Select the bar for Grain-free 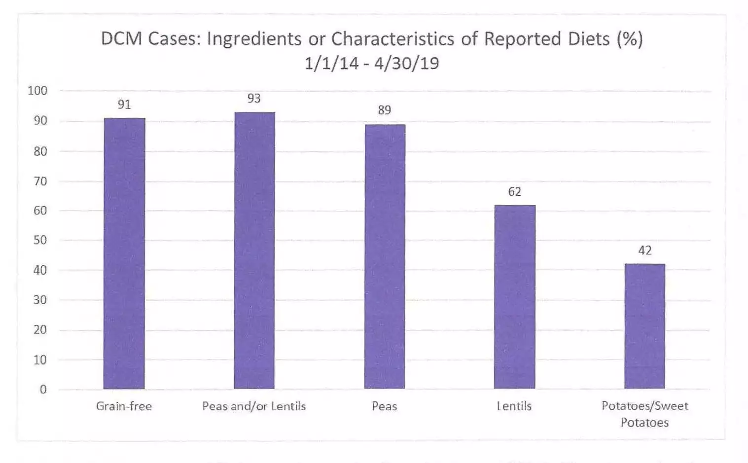(x=124, y=253)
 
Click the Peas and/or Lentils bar (x=254, y=250)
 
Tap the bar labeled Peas (x=385, y=256)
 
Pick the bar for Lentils (x=514, y=297)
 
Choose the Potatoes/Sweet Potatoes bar (x=644, y=326)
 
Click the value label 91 (x=124, y=105)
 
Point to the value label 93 (x=254, y=99)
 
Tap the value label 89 (x=385, y=110)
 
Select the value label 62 (x=514, y=192)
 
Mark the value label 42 (x=644, y=250)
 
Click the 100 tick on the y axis (x=37, y=91)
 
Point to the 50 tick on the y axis (x=40, y=240)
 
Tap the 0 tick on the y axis (x=43, y=390)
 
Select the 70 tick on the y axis (x=40, y=181)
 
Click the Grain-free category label (x=124, y=406)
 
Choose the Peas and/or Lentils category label (x=254, y=406)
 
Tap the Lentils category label (x=514, y=406)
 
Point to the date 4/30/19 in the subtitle (x=406, y=64)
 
